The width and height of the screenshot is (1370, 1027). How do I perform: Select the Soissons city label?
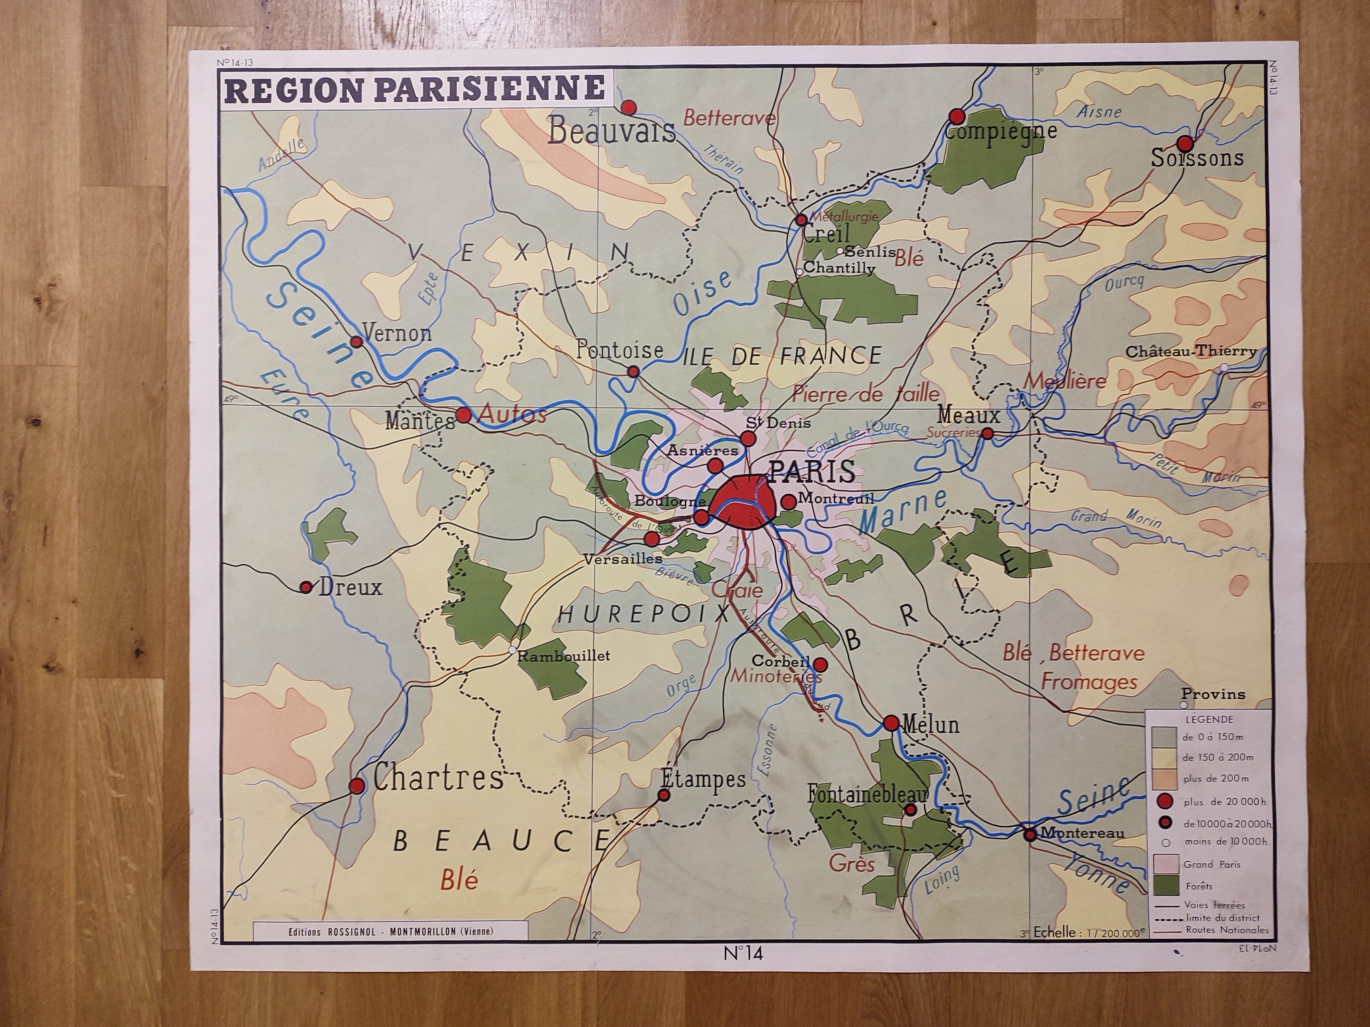(1197, 159)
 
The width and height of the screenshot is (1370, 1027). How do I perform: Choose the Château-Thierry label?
(1191, 352)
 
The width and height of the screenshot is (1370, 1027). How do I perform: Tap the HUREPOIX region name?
(645, 614)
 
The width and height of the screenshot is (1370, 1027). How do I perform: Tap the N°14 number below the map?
(743, 954)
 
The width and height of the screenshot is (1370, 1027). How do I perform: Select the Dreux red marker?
(306, 587)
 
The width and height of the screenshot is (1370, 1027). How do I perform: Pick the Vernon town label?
(396, 334)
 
